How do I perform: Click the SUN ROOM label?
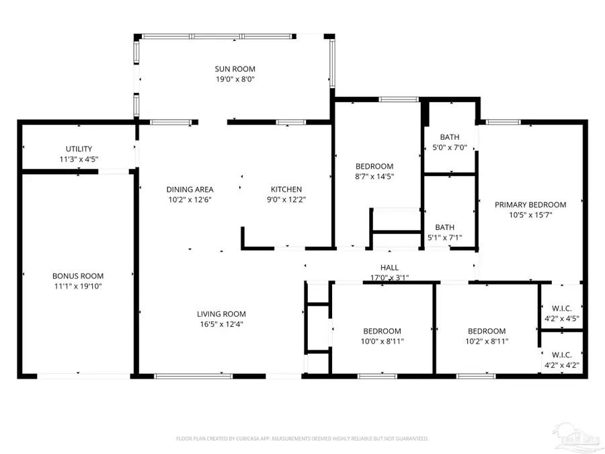tap(235, 69)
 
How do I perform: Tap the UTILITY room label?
tap(79, 149)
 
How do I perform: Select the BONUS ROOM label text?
tap(78, 276)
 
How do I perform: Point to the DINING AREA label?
tap(190, 190)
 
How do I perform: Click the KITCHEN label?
tap(286, 190)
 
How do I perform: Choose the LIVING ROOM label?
tap(221, 314)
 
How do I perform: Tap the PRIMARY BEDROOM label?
tap(530, 205)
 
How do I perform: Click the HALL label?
tap(390, 268)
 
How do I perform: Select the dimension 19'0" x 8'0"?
tap(235, 79)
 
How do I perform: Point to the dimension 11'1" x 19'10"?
tap(78, 287)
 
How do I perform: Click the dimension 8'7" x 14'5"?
tap(374, 177)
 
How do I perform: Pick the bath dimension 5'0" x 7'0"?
tap(450, 147)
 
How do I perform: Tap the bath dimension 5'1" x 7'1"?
tap(445, 238)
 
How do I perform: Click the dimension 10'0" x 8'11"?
tap(382, 342)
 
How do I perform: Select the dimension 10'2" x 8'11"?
tap(487, 342)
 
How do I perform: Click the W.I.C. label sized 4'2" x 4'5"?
tap(562, 309)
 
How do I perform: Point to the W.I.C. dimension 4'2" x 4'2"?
tap(562, 365)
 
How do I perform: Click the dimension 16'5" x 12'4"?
tap(221, 325)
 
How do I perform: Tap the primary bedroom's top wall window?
tap(503, 122)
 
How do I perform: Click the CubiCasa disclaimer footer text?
tap(302, 439)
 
